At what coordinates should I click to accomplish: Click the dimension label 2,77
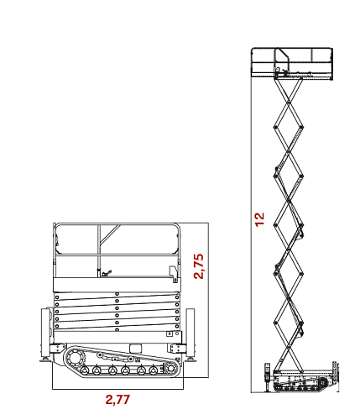tap(117, 400)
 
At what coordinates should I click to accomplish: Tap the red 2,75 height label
tap(199, 266)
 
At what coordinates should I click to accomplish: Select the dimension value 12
tap(259, 219)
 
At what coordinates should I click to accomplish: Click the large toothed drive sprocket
tap(75, 360)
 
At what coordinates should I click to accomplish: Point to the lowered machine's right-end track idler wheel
tap(170, 368)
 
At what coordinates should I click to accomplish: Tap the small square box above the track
tap(136, 349)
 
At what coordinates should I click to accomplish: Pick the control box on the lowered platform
tap(174, 274)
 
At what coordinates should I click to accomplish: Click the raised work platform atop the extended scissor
tap(292, 64)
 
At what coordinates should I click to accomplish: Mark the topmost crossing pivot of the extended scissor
tap(289, 102)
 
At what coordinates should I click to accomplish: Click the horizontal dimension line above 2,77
tap(117, 389)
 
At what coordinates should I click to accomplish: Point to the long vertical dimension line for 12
tap(251, 221)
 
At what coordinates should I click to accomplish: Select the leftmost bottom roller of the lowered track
tap(84, 370)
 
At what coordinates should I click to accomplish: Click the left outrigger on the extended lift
tap(268, 377)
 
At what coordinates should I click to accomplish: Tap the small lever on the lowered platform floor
tap(107, 273)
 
